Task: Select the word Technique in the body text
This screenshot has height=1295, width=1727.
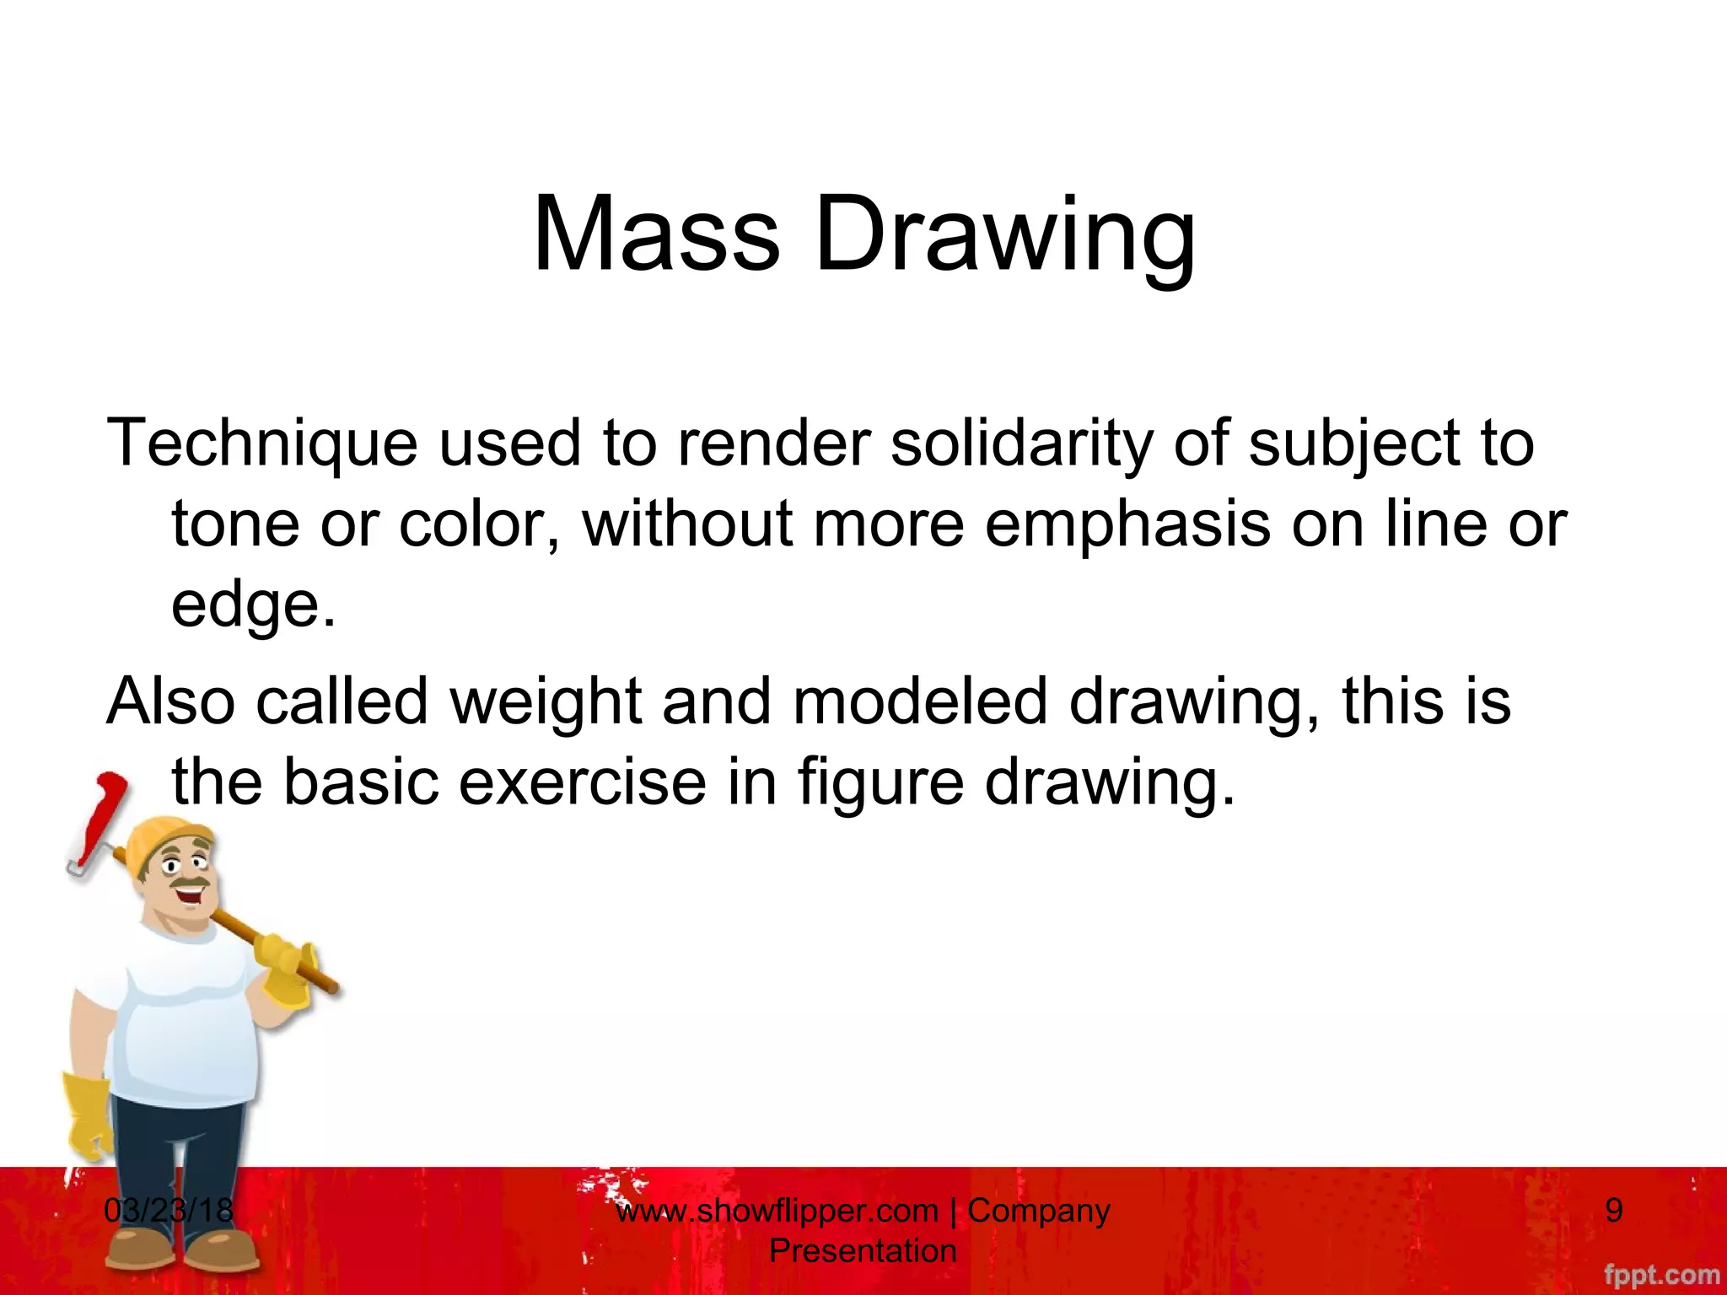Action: (x=261, y=443)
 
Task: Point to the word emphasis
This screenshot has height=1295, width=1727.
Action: (x=1127, y=524)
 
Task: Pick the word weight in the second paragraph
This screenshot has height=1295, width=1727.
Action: (x=546, y=701)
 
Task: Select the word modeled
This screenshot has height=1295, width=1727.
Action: (x=919, y=701)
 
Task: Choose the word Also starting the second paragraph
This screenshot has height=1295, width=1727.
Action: (x=169, y=701)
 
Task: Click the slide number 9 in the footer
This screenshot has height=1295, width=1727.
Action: (x=1613, y=1211)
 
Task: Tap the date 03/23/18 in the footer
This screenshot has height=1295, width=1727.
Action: (x=169, y=1211)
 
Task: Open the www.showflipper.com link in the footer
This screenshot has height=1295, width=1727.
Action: (x=777, y=1211)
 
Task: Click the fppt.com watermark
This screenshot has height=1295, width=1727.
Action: (x=1661, y=1274)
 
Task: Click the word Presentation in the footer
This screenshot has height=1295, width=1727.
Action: (x=863, y=1250)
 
